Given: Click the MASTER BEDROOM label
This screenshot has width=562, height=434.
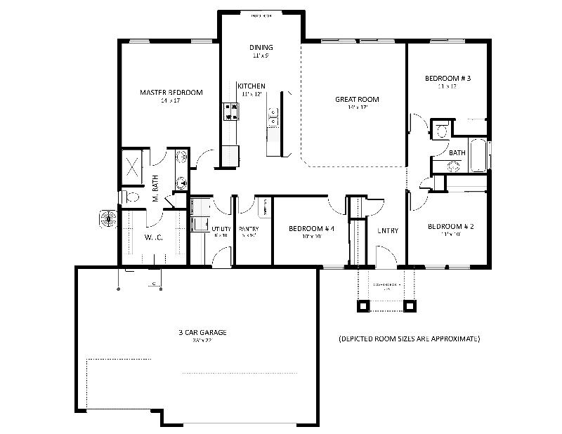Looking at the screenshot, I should (171, 93).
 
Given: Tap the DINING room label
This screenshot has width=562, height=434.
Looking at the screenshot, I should (256, 48).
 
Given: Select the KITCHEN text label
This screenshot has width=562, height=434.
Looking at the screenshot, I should (251, 86).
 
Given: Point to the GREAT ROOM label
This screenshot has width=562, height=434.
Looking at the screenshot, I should (357, 100).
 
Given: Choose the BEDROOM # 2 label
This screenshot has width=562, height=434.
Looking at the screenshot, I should (448, 227).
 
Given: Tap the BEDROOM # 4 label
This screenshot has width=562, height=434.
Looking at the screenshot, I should (310, 229).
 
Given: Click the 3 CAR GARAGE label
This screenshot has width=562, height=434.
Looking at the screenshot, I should (202, 332).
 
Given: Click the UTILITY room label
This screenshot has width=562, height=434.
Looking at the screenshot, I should (221, 229).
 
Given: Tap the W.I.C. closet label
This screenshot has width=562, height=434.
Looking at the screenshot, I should (154, 237).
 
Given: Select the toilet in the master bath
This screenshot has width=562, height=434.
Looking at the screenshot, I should (129, 197).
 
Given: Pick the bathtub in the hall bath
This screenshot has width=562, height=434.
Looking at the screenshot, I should (478, 155).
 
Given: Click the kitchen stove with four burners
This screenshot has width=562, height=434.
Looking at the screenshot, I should (230, 111).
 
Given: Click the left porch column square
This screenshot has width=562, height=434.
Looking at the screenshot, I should (363, 305).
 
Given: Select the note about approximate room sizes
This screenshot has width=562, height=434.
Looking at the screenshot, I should (409, 338).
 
